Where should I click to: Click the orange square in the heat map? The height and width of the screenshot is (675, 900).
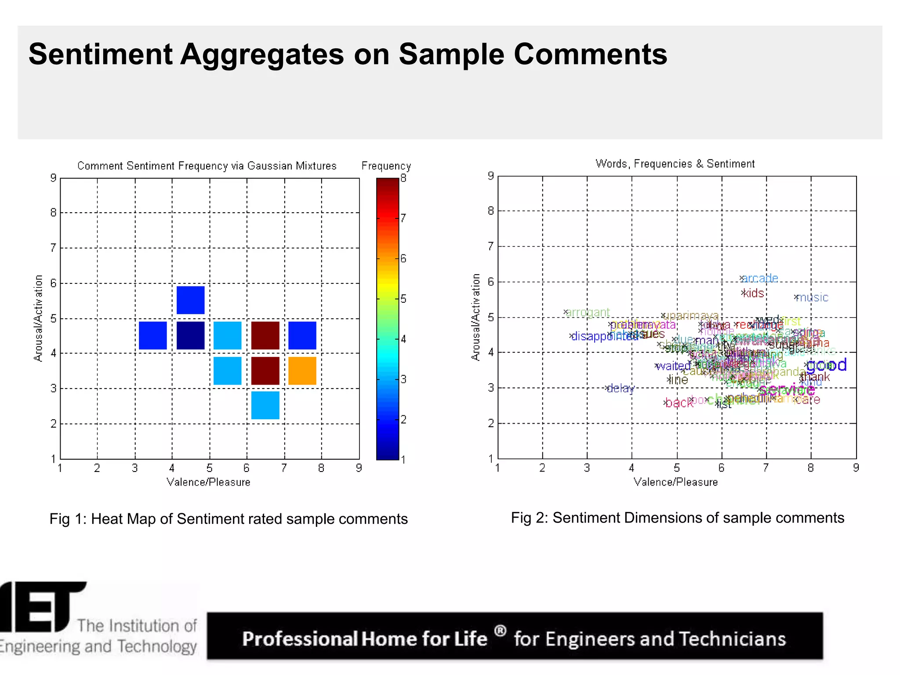[x=302, y=370]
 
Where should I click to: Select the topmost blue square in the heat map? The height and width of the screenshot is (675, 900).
[x=190, y=300]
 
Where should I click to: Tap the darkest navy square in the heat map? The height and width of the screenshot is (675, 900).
[x=190, y=335]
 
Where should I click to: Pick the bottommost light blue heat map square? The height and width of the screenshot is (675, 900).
[x=265, y=405]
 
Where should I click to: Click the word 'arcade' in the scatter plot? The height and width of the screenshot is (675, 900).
[x=760, y=278]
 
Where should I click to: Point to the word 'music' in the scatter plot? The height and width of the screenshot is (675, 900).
[x=813, y=298]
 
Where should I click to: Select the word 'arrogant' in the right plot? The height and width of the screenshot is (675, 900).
[x=588, y=312]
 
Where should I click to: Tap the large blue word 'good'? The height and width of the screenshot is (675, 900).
[x=826, y=365]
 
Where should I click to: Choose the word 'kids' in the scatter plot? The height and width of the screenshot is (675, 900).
[x=754, y=293]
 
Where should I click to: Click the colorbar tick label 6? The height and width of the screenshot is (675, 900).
[x=403, y=258]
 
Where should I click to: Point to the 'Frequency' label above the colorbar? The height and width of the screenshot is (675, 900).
[x=386, y=166]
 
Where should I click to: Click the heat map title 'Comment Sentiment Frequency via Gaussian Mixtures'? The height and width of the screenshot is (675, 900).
[x=207, y=166]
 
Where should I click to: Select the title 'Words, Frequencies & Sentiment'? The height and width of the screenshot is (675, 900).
[x=675, y=163]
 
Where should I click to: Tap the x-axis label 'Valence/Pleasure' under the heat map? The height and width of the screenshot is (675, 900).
[x=208, y=482]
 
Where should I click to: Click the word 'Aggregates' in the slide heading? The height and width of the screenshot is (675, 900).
[x=262, y=54]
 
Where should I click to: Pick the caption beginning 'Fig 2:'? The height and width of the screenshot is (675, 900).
[x=677, y=518]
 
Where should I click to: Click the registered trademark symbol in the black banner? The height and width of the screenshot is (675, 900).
[x=500, y=631]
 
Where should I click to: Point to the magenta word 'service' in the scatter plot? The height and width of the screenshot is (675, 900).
[x=787, y=389]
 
